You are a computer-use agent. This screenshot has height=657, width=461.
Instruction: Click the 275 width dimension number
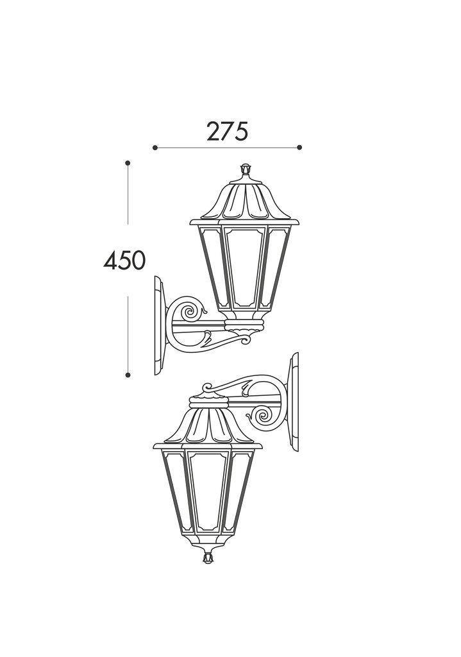pyautogui.click(x=228, y=131)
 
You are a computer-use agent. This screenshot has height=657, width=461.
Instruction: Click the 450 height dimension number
pyautogui.click(x=124, y=260)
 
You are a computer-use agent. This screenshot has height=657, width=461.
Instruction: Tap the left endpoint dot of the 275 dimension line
pyautogui.click(x=155, y=148)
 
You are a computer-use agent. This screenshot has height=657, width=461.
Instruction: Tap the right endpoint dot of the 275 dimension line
pyautogui.click(x=299, y=148)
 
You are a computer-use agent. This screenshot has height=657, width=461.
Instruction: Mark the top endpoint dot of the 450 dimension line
pyautogui.click(x=128, y=163)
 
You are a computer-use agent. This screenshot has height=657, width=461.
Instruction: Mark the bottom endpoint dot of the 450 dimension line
pyautogui.click(x=128, y=375)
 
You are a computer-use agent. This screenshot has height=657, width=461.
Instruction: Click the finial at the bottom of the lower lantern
pyautogui.click(x=207, y=558)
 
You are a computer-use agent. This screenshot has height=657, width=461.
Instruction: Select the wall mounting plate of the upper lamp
pyautogui.click(x=160, y=325)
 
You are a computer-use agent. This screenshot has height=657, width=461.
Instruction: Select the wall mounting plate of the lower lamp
pyautogui.click(x=294, y=402)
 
